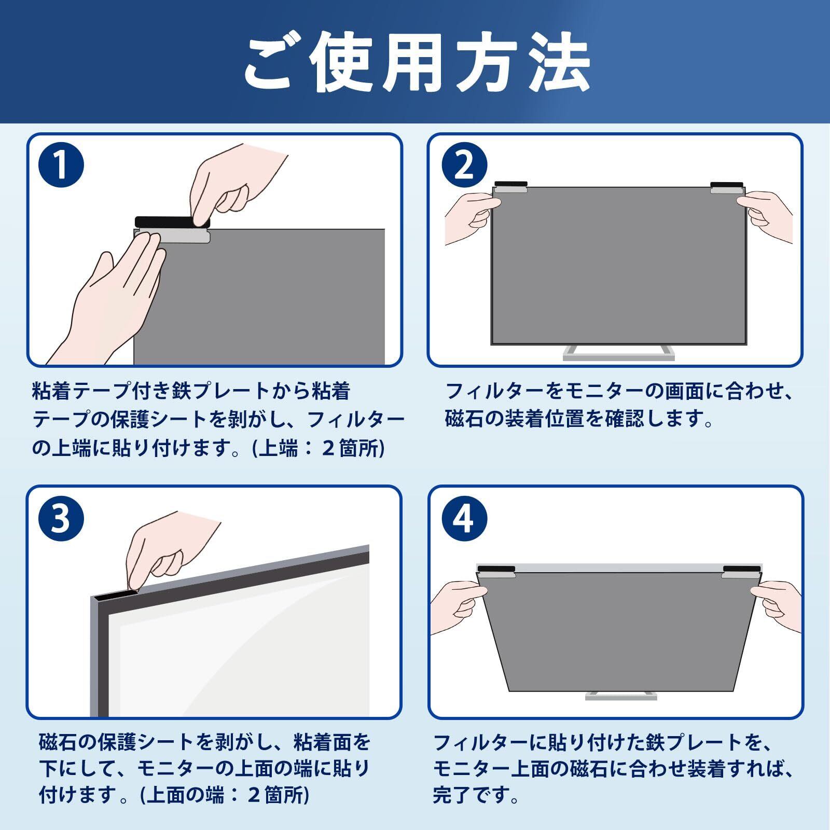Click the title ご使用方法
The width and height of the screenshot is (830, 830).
[x=416, y=64]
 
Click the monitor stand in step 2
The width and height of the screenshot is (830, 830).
[x=619, y=353]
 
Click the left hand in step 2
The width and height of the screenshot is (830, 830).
[x=469, y=218]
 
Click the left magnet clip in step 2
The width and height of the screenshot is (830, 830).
[x=510, y=188]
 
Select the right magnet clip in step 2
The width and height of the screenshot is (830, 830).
[x=727, y=188]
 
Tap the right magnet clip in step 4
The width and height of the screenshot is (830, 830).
[x=740, y=572]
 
